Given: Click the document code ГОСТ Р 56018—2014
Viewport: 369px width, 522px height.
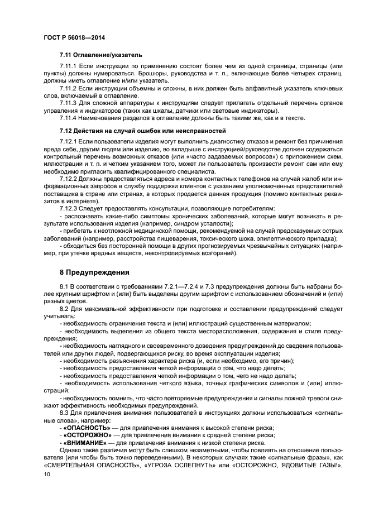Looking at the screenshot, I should click(74, 37).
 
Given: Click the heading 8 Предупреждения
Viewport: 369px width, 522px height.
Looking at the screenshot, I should click(94, 272).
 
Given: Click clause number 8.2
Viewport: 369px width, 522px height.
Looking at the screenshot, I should click(65, 308).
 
